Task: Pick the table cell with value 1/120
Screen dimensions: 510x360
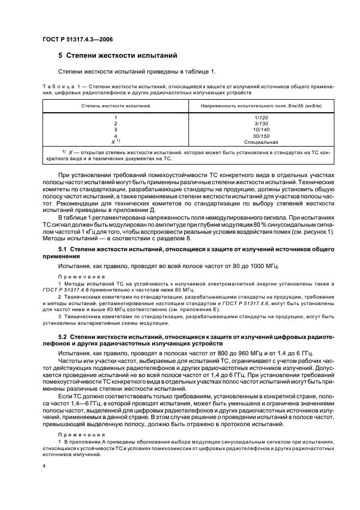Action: tap(261, 117)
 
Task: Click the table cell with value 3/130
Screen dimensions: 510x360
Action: tap(261, 123)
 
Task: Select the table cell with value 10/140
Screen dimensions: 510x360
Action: tap(261, 130)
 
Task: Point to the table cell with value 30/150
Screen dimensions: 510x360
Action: tap(261, 136)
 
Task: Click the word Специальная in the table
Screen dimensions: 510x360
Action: tap(261, 142)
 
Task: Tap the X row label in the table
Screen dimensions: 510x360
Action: tap(114, 142)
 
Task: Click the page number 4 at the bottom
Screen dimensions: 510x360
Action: tap(44, 466)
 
